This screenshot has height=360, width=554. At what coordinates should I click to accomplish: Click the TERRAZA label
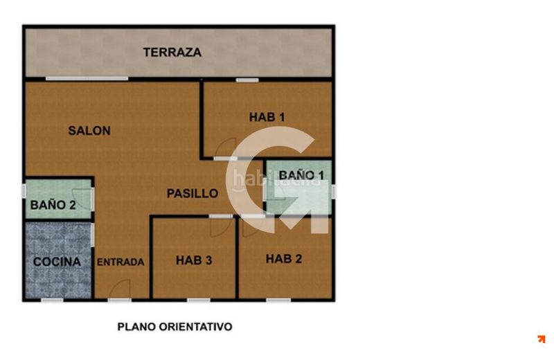point(172,53)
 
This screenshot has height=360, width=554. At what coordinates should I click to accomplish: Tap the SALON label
point(89,131)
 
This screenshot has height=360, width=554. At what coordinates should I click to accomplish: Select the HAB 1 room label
point(267,117)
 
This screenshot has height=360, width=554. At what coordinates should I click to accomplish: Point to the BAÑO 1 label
point(301,175)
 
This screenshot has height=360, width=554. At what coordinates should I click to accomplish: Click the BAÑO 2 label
point(53,205)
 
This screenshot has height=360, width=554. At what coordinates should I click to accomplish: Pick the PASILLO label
point(193,194)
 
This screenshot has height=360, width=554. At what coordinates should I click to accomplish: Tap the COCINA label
point(57,262)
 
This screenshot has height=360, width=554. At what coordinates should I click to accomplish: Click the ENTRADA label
point(120,262)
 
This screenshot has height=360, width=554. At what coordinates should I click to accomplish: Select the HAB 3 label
point(194,260)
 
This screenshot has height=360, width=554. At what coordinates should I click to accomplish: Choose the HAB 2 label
point(284,259)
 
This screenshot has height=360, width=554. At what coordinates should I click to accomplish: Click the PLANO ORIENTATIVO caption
point(175,327)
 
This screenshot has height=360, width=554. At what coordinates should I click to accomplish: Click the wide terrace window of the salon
point(87,78)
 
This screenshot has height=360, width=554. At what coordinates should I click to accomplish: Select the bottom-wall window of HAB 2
point(278,300)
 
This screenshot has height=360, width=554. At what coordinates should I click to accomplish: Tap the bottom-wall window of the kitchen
point(53,300)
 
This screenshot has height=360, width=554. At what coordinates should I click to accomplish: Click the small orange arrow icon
point(541,339)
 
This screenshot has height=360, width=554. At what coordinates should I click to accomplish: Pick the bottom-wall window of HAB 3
point(199,300)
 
